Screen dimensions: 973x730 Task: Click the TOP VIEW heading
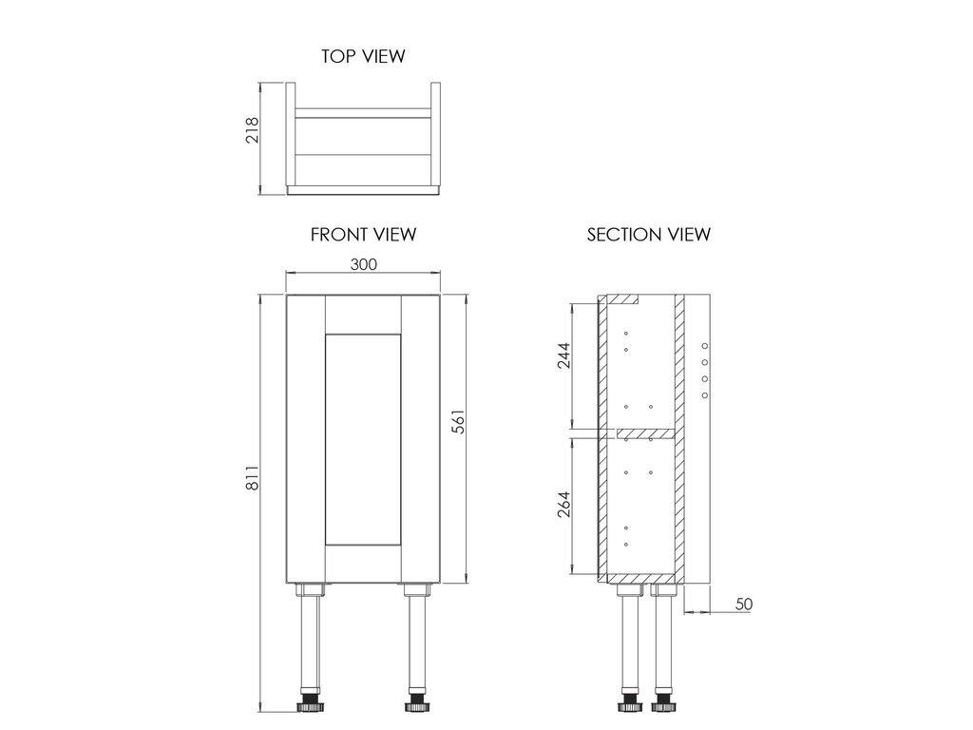pos(363,56)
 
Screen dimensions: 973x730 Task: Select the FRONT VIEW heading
pos(363,235)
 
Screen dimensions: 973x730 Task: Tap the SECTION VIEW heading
pos(648,235)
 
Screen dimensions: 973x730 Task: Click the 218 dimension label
pos(252,130)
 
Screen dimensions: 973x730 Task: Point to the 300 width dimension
pos(364,264)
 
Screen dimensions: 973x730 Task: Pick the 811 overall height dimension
pos(252,478)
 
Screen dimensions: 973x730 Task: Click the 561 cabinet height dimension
pos(458,421)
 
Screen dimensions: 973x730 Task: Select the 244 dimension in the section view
pos(563,355)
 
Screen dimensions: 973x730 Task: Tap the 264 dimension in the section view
pos(563,505)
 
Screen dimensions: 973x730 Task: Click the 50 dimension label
pos(743,604)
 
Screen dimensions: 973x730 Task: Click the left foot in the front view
pos(310,706)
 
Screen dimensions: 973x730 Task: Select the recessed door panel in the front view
pos(363,439)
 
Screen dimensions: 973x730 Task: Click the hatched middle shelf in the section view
pos(645,432)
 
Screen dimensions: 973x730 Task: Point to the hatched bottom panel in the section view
pos(640,579)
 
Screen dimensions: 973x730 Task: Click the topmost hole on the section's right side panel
pos(704,346)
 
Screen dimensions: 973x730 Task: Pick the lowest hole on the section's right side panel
pos(704,394)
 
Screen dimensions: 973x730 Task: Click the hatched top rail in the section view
pos(622,299)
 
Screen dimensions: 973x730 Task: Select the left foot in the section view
pos(629,706)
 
